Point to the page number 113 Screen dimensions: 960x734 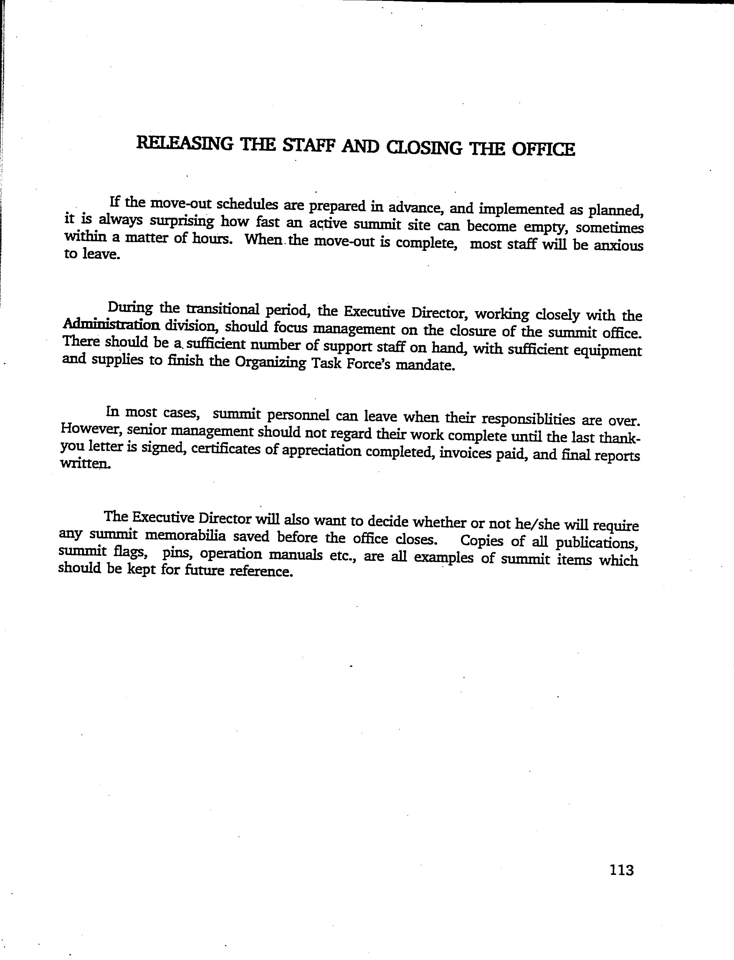click(621, 870)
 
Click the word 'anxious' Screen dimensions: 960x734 click(618, 246)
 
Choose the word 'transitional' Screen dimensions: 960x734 click(223, 309)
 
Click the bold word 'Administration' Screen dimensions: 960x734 click(111, 325)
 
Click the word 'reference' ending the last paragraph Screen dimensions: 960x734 click(261, 571)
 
